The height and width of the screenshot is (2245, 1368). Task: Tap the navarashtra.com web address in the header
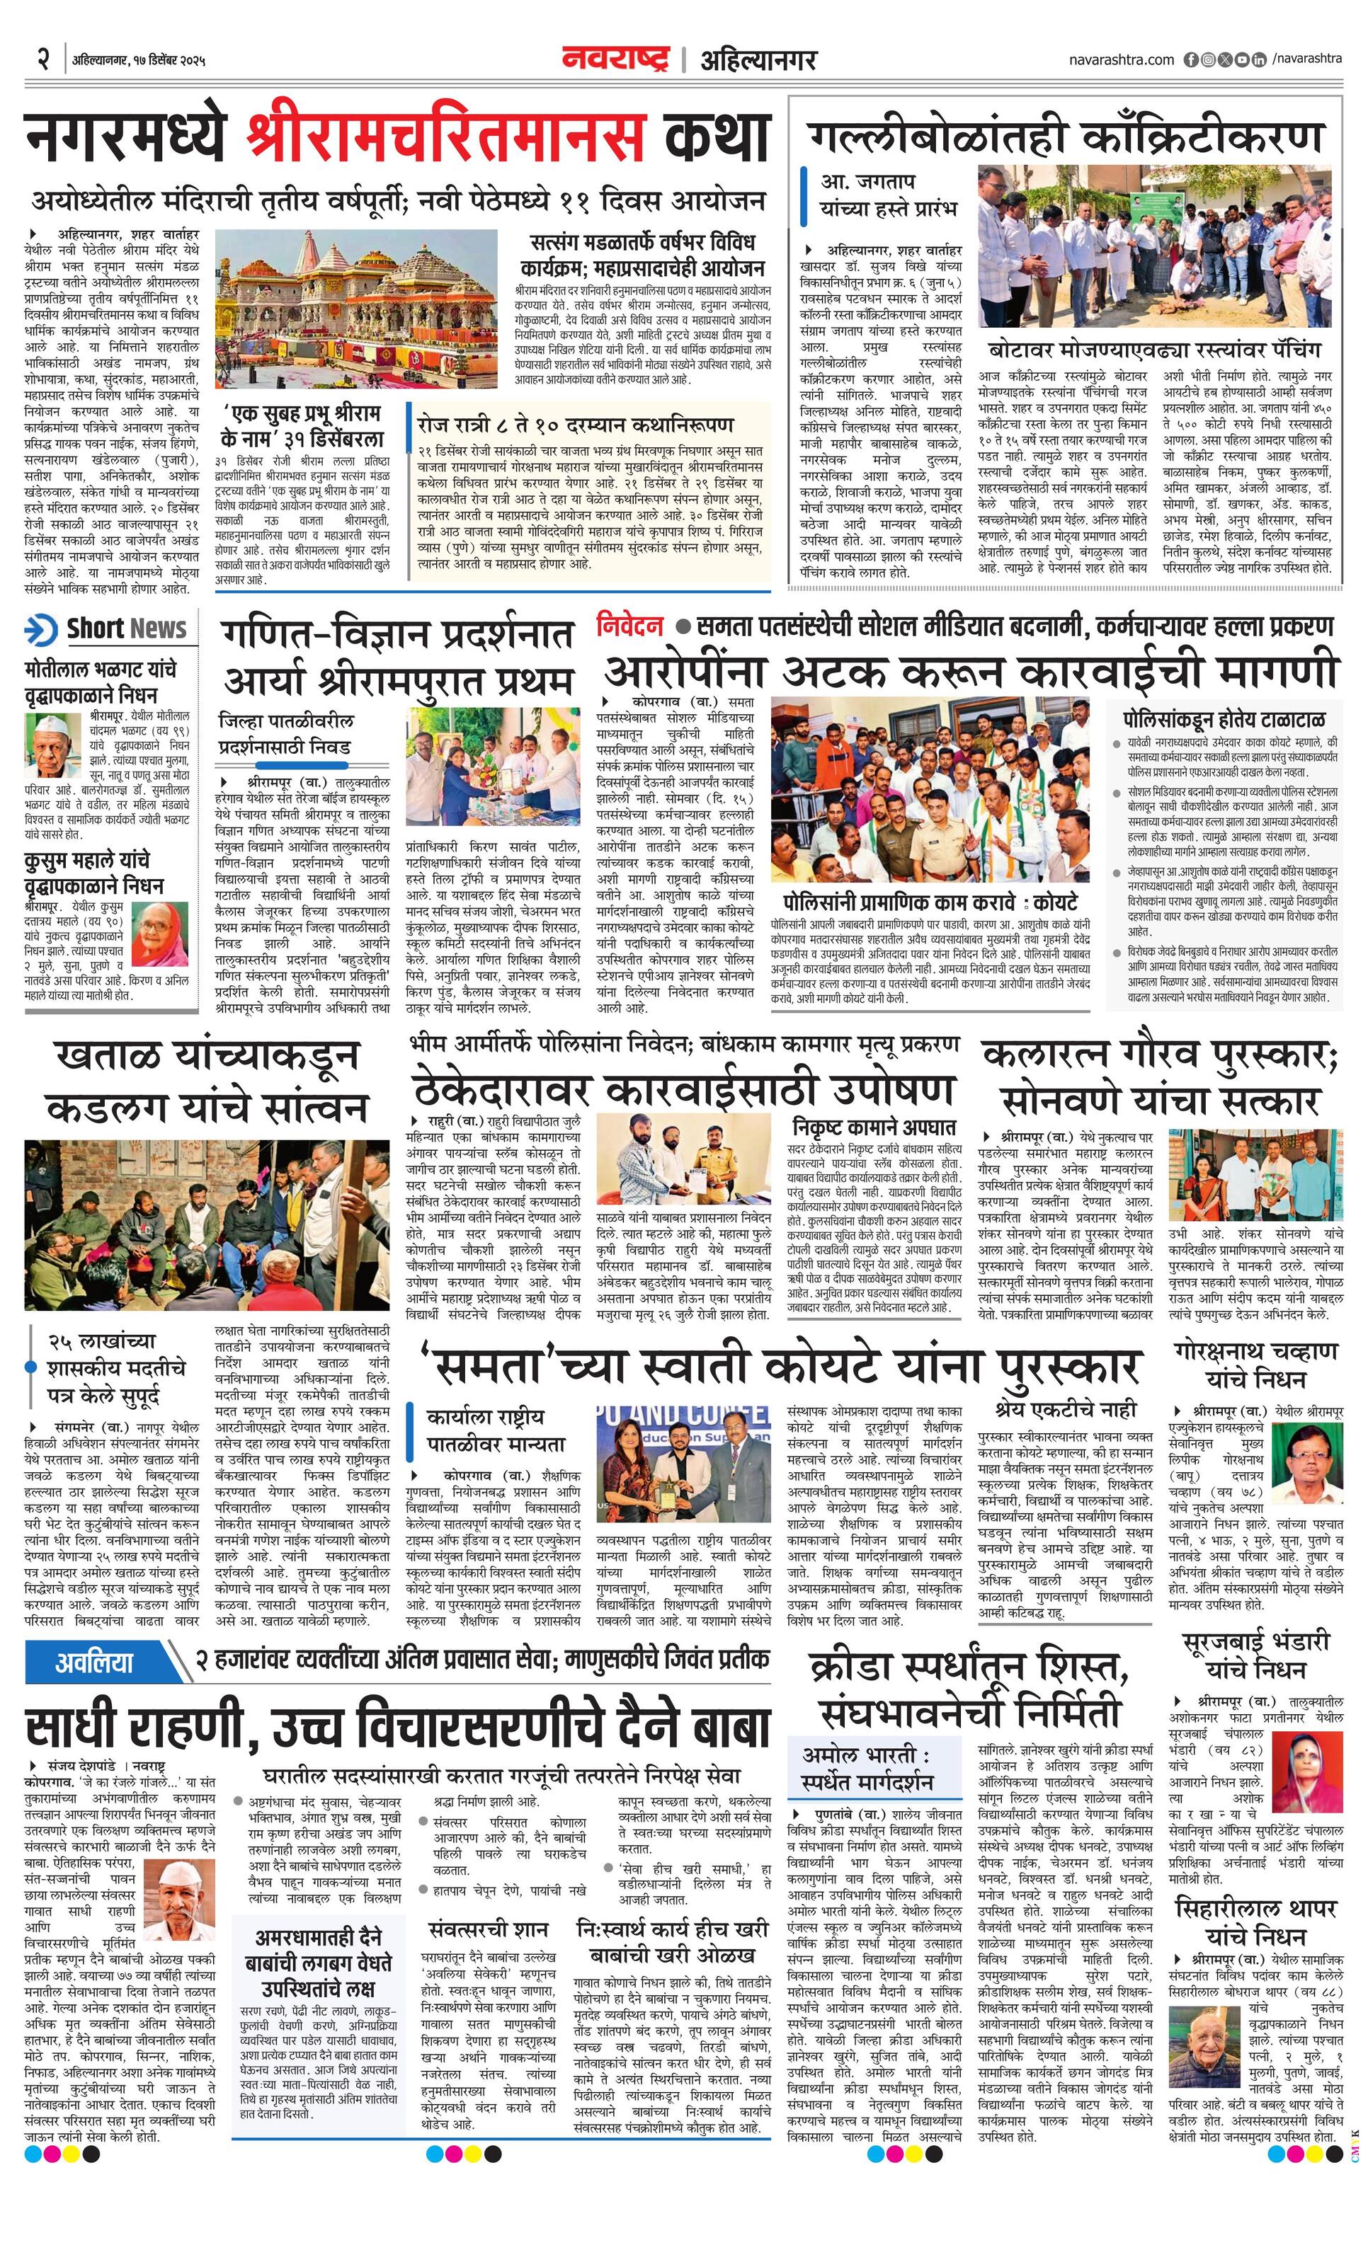pos(1121,60)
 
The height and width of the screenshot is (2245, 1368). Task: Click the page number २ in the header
pos(42,59)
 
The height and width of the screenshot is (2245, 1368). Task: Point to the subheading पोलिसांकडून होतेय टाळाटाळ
pos(1225,720)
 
